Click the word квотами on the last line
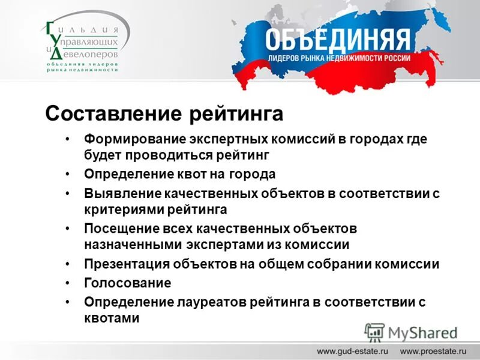click(112, 318)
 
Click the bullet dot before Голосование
click(70, 283)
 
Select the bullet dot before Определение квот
click(70, 174)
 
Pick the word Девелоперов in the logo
click(90, 53)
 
